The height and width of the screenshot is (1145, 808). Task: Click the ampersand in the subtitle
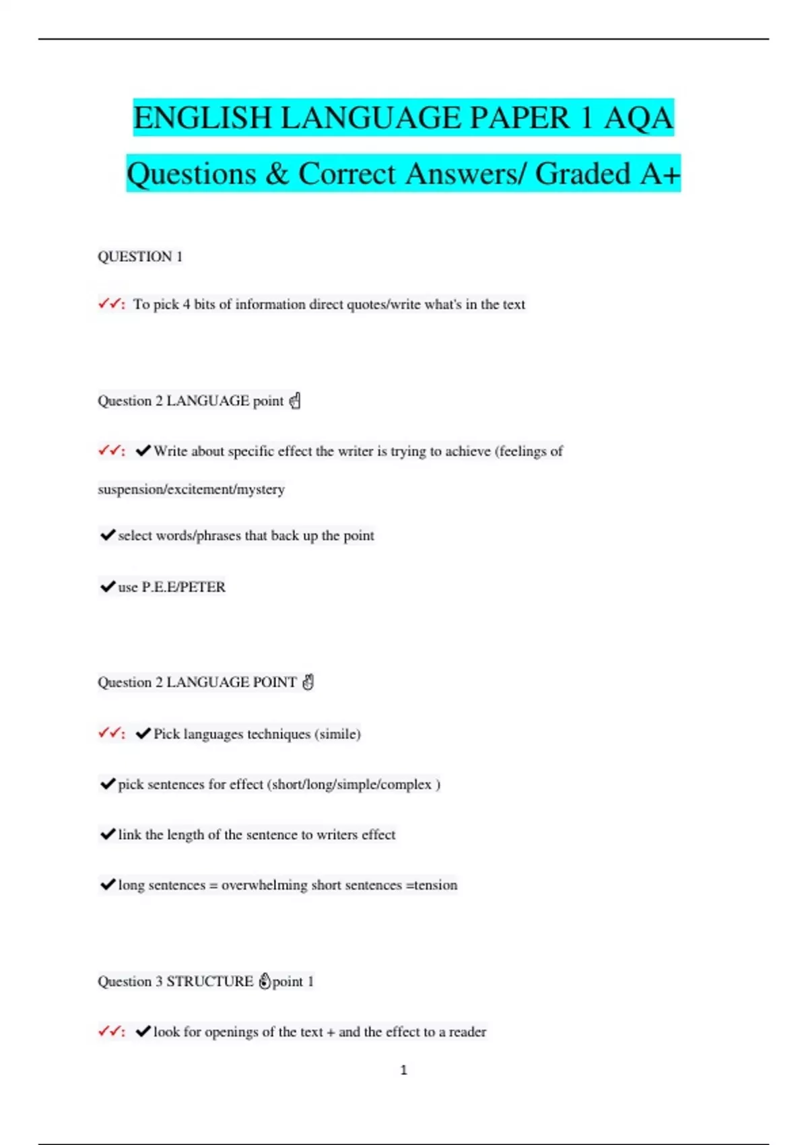(x=277, y=174)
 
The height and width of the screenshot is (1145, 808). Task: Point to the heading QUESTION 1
(x=140, y=257)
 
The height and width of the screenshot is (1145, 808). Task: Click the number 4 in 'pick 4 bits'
(x=187, y=304)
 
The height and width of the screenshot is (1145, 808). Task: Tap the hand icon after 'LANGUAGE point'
(x=295, y=401)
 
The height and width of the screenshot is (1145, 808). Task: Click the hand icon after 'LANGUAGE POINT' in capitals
(x=308, y=682)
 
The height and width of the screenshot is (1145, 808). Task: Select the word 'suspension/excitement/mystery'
(x=191, y=490)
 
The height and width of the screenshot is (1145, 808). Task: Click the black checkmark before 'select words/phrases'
(x=107, y=535)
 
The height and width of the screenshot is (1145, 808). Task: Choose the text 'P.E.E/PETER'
(x=183, y=587)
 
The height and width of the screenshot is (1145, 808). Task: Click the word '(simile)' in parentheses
(x=337, y=734)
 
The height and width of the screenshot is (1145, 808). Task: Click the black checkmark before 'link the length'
(x=107, y=835)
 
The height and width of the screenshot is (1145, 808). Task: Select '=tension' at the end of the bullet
(x=432, y=886)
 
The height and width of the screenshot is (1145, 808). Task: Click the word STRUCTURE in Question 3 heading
(x=209, y=981)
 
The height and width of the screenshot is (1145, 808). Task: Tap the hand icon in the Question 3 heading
(x=265, y=981)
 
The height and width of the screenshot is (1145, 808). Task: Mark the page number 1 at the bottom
(x=404, y=1070)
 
